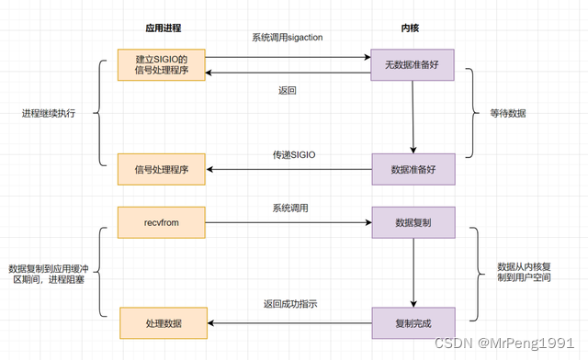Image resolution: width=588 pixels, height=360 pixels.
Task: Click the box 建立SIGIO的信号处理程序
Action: (162, 65)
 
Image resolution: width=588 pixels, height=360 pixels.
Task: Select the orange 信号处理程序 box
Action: (162, 169)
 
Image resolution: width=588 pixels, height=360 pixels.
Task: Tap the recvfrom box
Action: (162, 221)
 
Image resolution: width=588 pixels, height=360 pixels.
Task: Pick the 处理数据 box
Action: (164, 323)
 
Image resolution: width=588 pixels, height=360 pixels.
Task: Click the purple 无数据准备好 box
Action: (413, 65)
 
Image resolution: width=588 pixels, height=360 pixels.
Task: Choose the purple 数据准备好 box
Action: (413, 169)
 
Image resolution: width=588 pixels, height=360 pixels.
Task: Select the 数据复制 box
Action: (413, 221)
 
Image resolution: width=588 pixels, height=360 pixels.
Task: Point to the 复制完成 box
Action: (413, 323)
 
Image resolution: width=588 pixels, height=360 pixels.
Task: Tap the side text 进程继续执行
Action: (49, 114)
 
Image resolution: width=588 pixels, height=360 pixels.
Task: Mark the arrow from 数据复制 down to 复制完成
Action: (413, 272)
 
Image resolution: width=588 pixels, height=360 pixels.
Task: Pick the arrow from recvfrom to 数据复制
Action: (288, 221)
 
